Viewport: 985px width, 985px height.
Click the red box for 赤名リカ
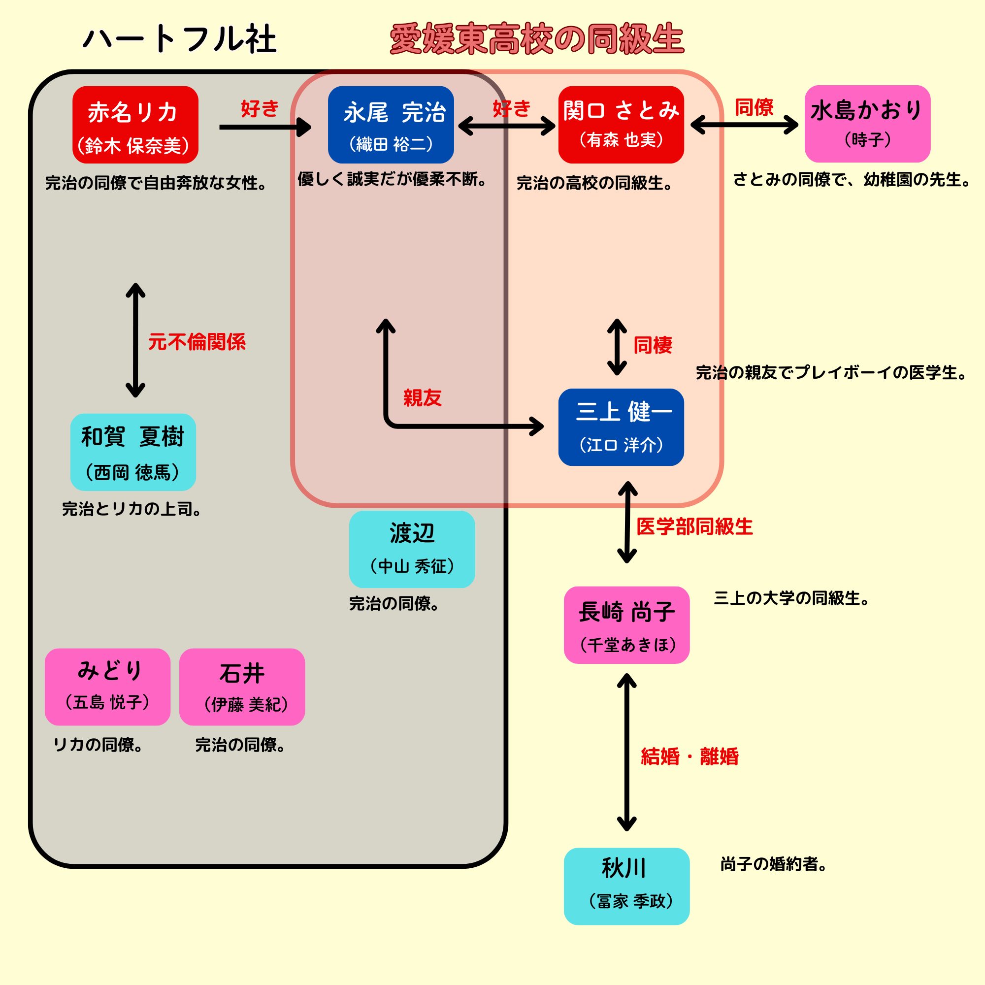pos(135,125)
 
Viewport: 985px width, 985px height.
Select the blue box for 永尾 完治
pos(391,125)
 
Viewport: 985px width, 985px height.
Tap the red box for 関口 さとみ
pos(621,125)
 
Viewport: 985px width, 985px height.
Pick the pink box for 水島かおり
pos(867,124)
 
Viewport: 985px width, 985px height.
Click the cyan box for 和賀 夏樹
pos(133,452)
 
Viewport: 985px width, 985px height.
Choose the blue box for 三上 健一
pos(621,427)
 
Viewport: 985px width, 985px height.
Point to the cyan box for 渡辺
pos(412,549)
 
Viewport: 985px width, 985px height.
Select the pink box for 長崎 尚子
pos(626,625)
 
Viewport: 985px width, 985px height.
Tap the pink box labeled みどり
pos(107,687)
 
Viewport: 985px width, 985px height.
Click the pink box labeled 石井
pos(242,687)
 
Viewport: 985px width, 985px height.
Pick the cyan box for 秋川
pos(626,886)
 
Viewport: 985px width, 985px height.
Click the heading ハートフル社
pos(179,40)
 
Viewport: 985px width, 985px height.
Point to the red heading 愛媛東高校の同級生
pos(537,40)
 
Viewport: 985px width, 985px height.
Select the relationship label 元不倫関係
pos(197,342)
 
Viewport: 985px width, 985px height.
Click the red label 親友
pos(422,397)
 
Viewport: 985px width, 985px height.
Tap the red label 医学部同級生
pos(694,526)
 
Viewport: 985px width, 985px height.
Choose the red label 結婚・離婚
pos(689,756)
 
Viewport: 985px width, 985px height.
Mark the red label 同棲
pos(653,345)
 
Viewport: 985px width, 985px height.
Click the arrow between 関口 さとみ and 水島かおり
pos(744,125)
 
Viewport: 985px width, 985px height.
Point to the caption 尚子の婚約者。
pos(773,864)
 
